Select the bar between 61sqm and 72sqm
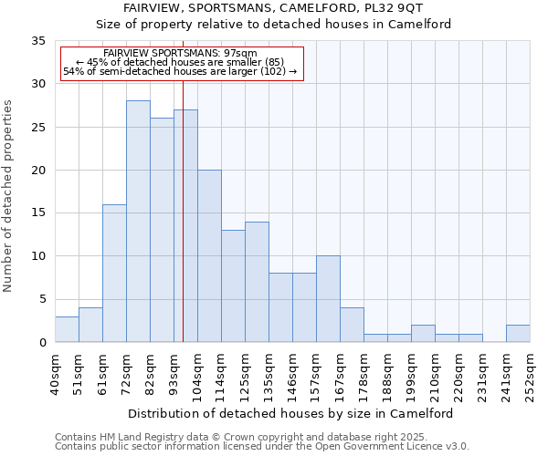[x=114, y=274]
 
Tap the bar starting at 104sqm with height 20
[x=209, y=256]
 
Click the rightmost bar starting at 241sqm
[x=518, y=334]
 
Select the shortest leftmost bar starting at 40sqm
[x=67, y=329]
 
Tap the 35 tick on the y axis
[x=40, y=41]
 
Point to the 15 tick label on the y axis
[x=40, y=213]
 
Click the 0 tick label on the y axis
[x=44, y=343]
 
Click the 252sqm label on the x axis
[x=530, y=375]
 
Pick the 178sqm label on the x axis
[x=364, y=375]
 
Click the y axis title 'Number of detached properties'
[x=9, y=196]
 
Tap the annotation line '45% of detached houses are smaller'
[x=181, y=62]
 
